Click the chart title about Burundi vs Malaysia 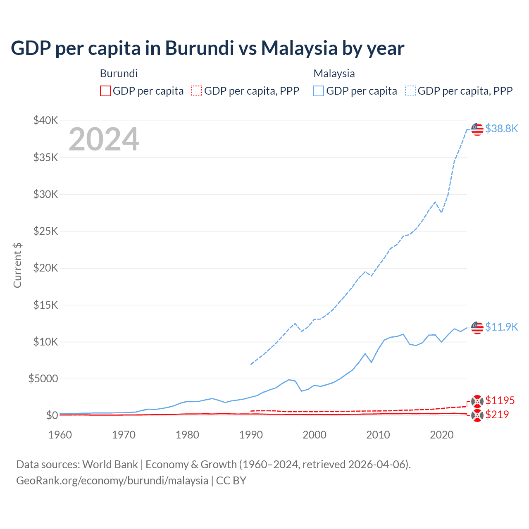coord(207,48)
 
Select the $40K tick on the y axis coord(46,121)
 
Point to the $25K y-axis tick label coord(46,231)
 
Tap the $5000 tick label coord(43,379)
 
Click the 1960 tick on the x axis coord(60,435)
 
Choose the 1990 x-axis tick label coord(251,435)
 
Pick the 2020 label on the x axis coord(442,435)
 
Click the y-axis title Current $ coord(17,265)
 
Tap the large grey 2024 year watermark coord(104,140)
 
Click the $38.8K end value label coord(501,129)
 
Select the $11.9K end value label coord(501,327)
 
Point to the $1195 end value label coord(500,400)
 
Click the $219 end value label coord(497,415)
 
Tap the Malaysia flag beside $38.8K coord(477,129)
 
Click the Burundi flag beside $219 coord(477,415)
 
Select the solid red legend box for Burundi coord(105,91)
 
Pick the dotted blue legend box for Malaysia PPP coord(410,91)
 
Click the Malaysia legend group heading coord(334,74)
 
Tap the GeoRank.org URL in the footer coord(112,481)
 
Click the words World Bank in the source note coord(110,465)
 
